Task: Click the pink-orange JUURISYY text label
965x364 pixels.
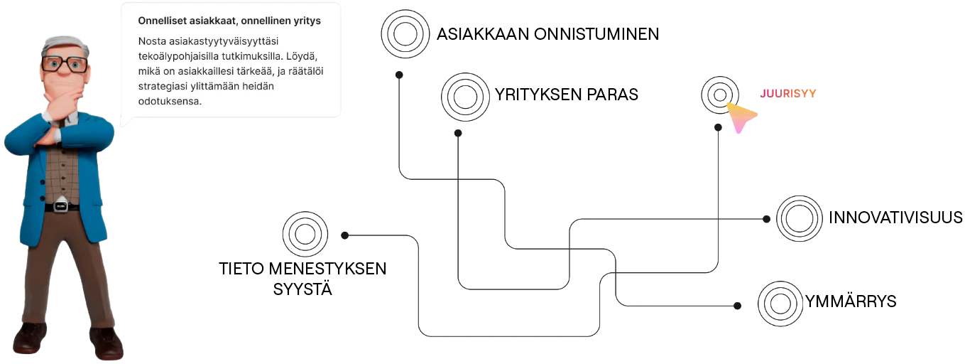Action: click(x=788, y=94)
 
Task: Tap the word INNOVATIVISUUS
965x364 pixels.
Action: click(x=895, y=218)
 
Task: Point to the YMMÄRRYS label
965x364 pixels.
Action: click(x=851, y=300)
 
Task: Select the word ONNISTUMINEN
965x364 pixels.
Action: click(x=596, y=34)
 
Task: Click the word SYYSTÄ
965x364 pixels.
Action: click(x=302, y=288)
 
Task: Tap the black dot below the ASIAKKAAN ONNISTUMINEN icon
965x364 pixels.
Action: click(x=399, y=75)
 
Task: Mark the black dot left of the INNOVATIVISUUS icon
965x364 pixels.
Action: click(x=766, y=219)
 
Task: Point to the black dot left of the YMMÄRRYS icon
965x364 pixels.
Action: click(x=738, y=306)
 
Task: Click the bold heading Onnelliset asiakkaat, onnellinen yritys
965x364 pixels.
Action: click(x=229, y=21)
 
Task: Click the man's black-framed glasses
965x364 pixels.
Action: click(x=65, y=65)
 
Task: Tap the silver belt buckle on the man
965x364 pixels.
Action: click(x=61, y=205)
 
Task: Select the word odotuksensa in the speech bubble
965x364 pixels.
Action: click(x=170, y=102)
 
